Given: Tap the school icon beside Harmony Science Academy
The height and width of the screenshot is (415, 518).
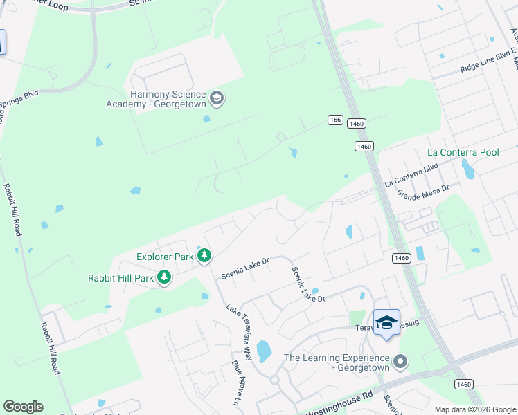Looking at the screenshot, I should pyautogui.click(x=217, y=98).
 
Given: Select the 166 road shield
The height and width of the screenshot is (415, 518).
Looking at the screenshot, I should pyautogui.click(x=335, y=120).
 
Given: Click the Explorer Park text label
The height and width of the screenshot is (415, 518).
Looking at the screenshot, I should pyautogui.click(x=165, y=257).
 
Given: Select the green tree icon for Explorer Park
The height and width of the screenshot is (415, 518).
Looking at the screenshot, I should pyautogui.click(x=204, y=257).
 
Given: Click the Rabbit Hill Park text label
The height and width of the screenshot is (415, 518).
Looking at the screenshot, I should pyautogui.click(x=120, y=279).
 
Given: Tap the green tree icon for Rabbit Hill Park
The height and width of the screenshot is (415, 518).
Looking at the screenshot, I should pyautogui.click(x=164, y=278).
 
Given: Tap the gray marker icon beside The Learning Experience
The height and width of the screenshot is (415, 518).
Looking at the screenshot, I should pyautogui.click(x=400, y=361).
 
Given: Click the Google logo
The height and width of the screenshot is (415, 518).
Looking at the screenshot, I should pyautogui.click(x=23, y=407).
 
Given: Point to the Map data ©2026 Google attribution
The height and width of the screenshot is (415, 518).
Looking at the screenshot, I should pyautogui.click(x=474, y=409).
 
